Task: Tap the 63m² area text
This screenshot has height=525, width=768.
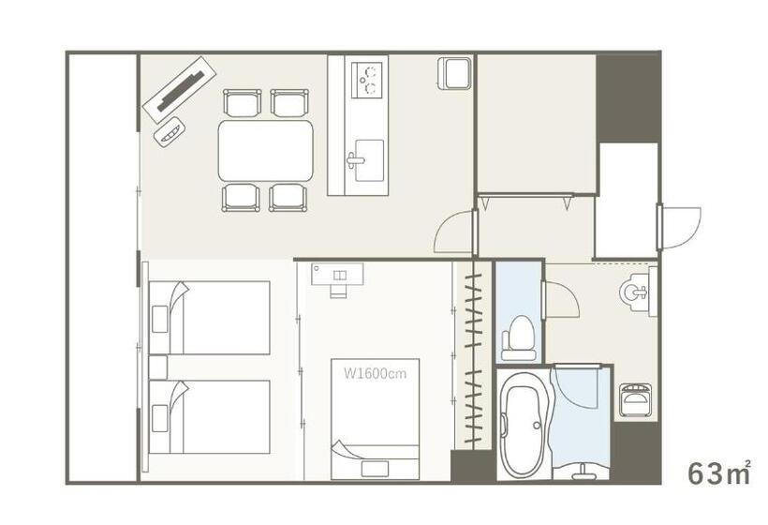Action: point(719,473)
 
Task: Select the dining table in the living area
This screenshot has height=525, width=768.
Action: point(265,150)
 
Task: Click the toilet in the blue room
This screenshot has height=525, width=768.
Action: point(518,337)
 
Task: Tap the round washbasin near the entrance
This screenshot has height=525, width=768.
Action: point(635,293)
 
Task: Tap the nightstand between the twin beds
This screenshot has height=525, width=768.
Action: point(157,366)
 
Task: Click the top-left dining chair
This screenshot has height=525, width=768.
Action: point(242,101)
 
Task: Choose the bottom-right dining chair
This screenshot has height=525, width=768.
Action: point(288,197)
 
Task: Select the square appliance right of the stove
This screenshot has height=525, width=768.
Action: point(453,73)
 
